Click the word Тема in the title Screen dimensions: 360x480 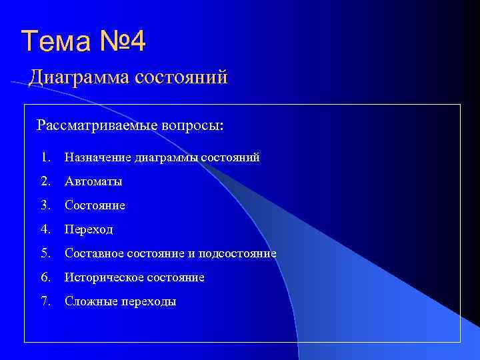point(53,41)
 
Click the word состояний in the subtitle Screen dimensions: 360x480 point(181,78)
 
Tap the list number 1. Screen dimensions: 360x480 point(45,158)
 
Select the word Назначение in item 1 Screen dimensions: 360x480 point(97,158)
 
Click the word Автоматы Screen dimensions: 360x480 point(93,182)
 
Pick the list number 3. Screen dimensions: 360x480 point(45,206)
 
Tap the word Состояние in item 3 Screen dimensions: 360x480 point(95,206)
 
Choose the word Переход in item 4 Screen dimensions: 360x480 point(89,230)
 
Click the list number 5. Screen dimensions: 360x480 point(45,254)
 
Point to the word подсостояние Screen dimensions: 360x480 point(241,254)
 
